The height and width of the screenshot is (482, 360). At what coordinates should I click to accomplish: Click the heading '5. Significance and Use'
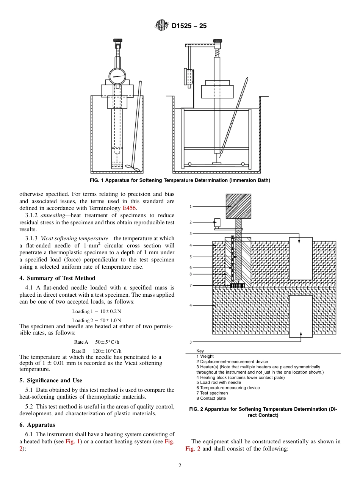click(x=50, y=380)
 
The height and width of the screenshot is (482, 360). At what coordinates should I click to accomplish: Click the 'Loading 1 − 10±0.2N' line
click(x=97, y=311)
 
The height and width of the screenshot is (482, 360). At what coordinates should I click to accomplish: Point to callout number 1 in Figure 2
click(x=191, y=207)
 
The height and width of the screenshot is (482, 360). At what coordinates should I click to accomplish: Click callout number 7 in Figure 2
click(x=191, y=285)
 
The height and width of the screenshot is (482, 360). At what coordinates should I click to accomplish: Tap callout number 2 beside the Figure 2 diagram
click(x=191, y=222)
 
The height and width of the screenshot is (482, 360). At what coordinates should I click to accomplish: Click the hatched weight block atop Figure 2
click(x=238, y=206)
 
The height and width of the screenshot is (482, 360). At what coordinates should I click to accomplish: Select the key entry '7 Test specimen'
click(x=212, y=393)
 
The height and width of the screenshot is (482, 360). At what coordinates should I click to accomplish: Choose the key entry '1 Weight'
click(x=205, y=356)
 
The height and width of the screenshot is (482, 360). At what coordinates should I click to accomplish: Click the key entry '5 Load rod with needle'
click(x=218, y=382)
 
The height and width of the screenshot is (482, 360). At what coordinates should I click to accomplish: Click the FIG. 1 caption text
click(x=180, y=180)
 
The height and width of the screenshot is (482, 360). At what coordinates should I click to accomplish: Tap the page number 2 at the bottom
click(x=180, y=466)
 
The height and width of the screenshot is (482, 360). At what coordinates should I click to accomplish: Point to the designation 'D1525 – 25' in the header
click(x=189, y=26)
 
